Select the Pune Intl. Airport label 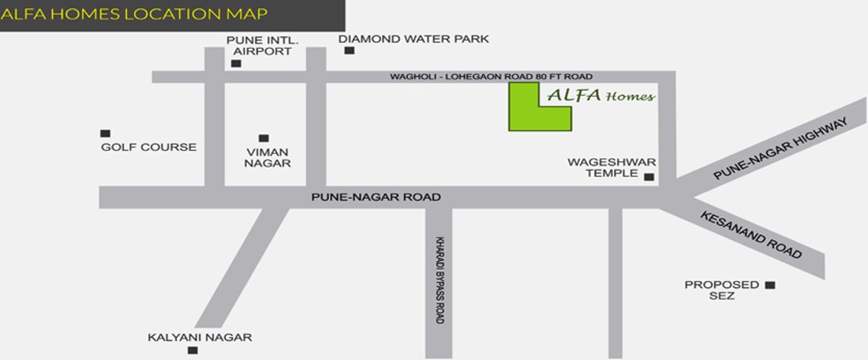point(259,45)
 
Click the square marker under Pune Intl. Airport point(237,63)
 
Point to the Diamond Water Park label point(413,38)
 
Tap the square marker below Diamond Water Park point(349,51)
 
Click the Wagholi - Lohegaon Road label point(491,77)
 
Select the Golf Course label point(148,147)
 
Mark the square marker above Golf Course point(105,133)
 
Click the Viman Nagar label point(268,157)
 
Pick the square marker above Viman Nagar point(264,138)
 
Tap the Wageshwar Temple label point(602,167)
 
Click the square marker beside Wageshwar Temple point(649,177)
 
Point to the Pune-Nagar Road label point(376,197)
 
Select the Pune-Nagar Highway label point(781,149)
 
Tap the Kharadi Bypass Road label point(439,279)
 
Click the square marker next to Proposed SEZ point(771,285)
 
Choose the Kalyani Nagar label point(200,337)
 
